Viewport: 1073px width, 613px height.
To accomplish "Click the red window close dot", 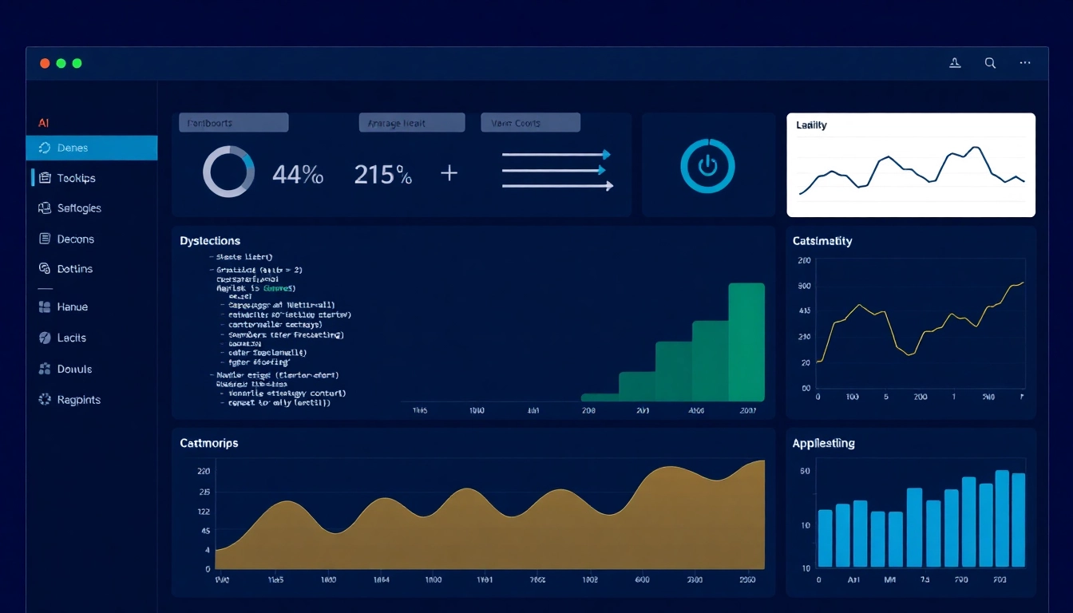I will [45, 63].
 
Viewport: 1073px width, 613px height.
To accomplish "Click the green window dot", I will [77, 63].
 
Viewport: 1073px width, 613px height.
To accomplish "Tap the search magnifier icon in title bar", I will [990, 63].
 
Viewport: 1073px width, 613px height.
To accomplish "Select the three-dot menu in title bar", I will [1025, 63].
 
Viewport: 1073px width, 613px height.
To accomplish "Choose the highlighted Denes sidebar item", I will [91, 148].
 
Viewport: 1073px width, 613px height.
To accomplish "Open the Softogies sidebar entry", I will [78, 208].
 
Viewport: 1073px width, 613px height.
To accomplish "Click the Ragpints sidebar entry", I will [78, 400].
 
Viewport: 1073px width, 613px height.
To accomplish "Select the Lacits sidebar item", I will [71, 338].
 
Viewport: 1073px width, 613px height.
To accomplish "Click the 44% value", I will [298, 174].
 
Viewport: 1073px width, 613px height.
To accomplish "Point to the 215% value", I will [382, 174].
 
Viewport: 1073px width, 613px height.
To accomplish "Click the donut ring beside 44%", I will [228, 172].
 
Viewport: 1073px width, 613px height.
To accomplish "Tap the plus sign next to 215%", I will [449, 172].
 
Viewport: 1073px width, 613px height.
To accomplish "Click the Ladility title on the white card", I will [811, 125].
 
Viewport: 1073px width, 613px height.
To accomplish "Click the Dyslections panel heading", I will [210, 240].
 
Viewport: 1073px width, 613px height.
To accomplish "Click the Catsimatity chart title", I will [822, 240].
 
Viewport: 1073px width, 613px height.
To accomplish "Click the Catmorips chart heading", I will [209, 442].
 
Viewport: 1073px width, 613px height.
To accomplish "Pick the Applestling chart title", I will [823, 443].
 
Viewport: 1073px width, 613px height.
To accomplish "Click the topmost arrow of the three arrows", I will [556, 155].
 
